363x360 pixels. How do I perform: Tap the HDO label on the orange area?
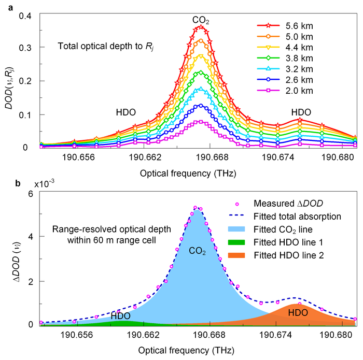pos(298,313)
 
